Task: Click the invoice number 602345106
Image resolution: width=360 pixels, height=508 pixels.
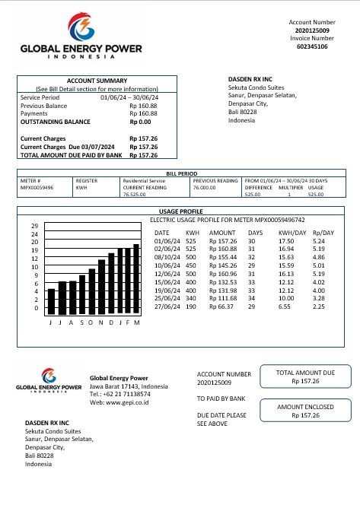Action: pos(312,46)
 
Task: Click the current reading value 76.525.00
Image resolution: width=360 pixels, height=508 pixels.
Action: pos(134,195)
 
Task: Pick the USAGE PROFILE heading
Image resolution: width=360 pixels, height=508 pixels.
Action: pos(180,211)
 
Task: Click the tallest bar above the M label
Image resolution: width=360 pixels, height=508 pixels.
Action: pos(137,278)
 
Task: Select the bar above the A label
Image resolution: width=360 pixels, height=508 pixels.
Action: pos(72,297)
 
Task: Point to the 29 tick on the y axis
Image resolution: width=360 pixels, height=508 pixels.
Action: pos(34,226)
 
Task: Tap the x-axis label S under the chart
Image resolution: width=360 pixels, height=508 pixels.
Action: pos(81,322)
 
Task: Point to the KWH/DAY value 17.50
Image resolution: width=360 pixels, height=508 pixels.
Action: pos(286,240)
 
